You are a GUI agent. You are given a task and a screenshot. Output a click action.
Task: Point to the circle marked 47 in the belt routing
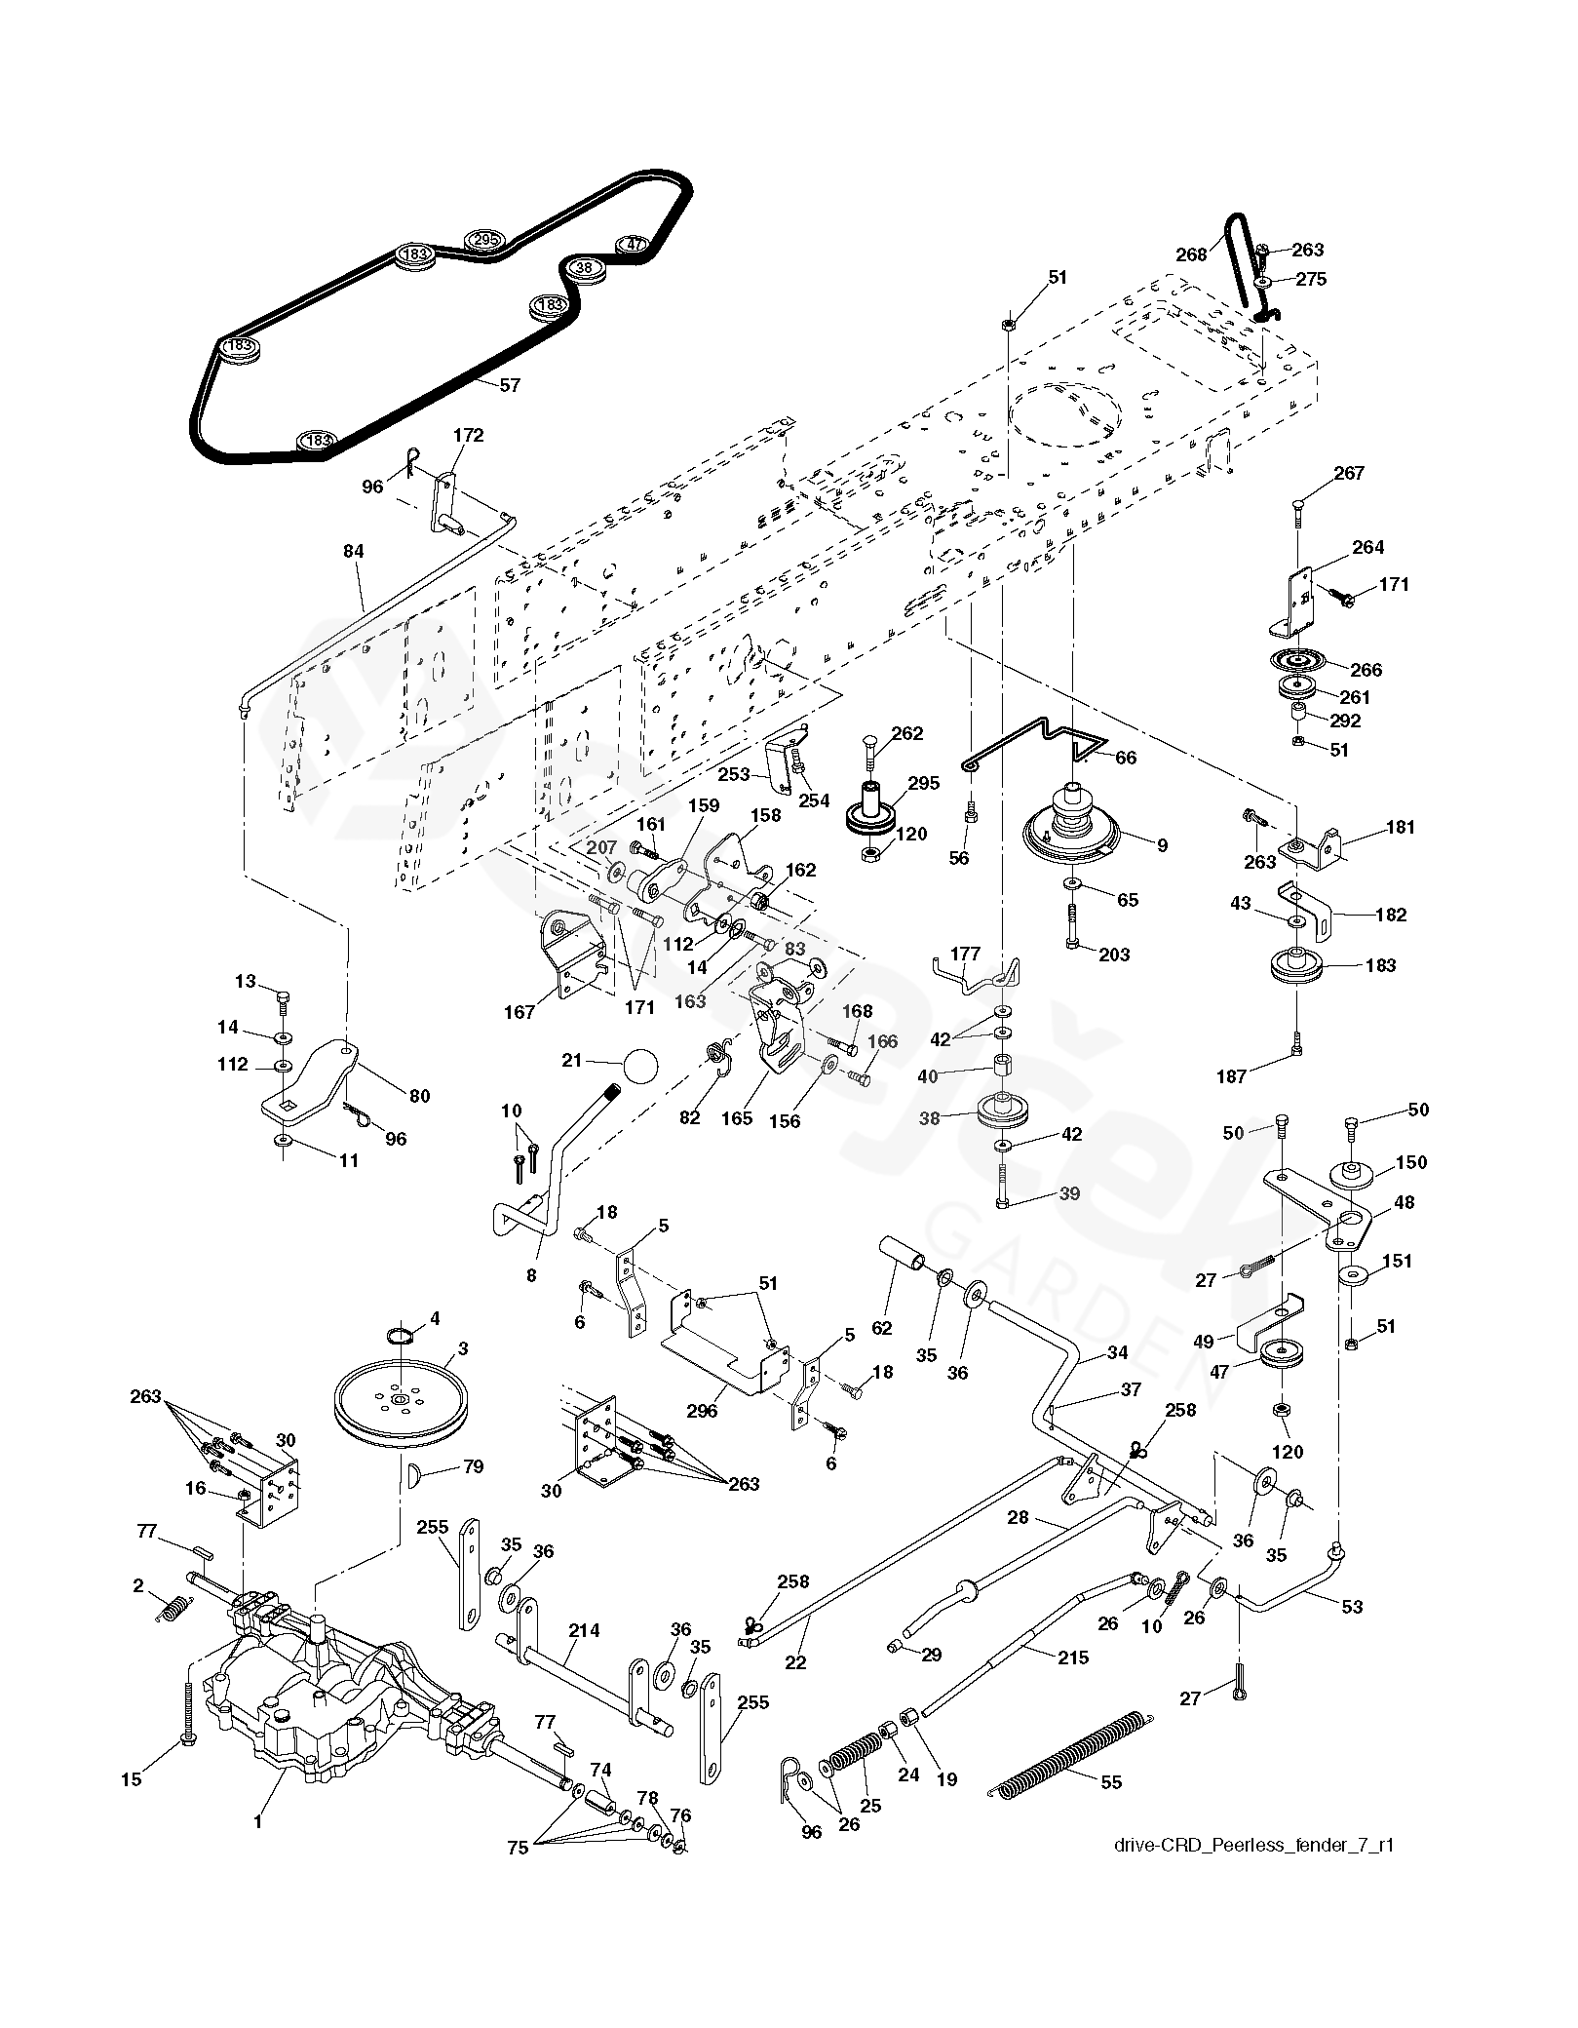635,244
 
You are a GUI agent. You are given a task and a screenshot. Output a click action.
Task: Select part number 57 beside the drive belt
510,385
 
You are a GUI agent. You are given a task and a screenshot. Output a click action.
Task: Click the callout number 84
353,551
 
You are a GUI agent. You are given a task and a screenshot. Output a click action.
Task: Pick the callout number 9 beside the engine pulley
1162,845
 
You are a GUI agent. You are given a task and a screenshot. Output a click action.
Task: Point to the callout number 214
584,1629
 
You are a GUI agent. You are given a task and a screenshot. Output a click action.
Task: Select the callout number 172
468,435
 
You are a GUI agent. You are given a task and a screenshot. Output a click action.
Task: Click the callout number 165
737,1117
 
